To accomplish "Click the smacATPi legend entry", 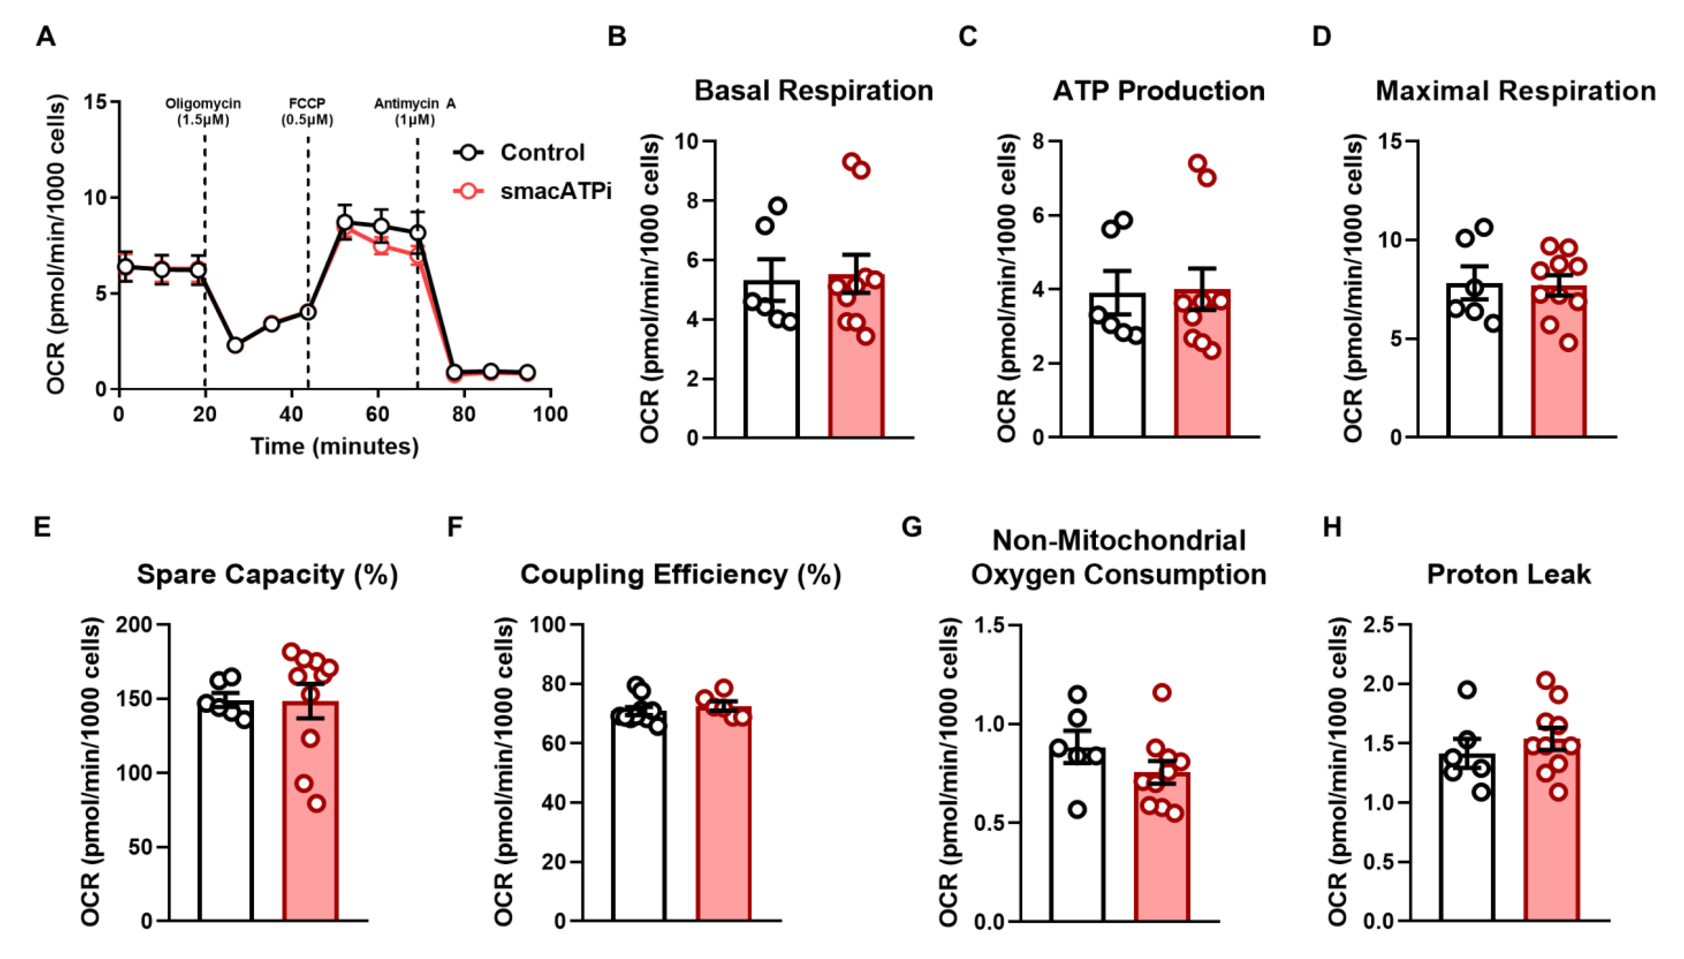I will coord(554,191).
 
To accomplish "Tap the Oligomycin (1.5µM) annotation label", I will coord(203,111).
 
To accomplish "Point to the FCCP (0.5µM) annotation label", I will coord(307,111).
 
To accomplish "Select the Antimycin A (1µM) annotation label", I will coord(415,111).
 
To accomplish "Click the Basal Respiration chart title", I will coord(813,90).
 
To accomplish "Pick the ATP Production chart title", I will coord(1158,90).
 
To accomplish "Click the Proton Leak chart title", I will coord(1508,574).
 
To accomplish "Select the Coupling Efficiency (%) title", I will coord(680,574).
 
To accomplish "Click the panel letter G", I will coord(912,527).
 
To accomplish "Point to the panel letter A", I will coord(45,36).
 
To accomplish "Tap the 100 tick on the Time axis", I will coord(550,414).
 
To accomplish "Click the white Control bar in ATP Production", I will coord(1117,382).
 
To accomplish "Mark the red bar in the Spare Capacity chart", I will coord(310,823).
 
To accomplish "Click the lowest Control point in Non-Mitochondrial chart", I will coord(1077,809).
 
